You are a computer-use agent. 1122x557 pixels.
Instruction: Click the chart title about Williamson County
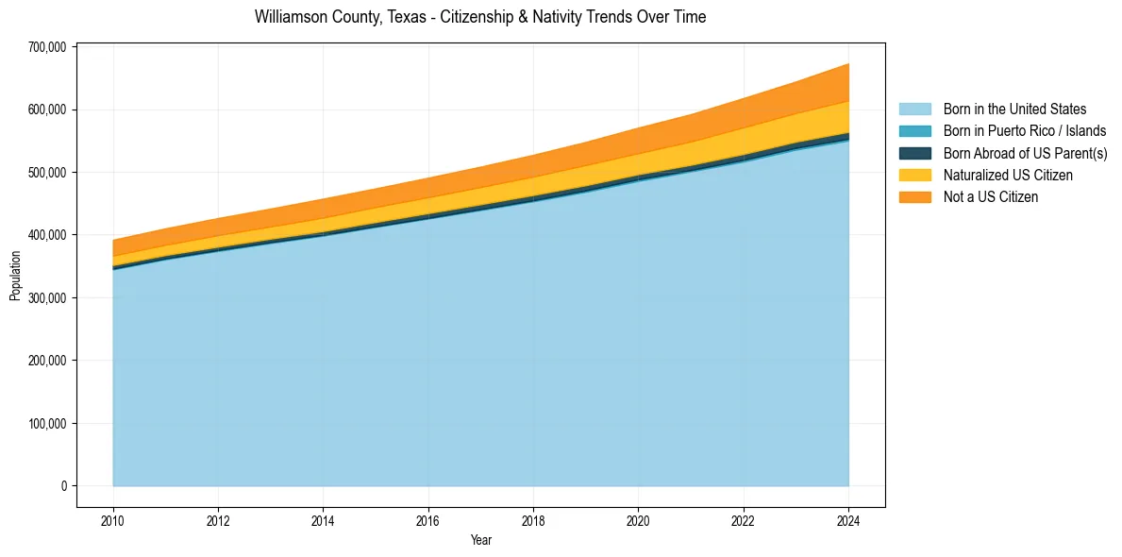pyautogui.click(x=479, y=17)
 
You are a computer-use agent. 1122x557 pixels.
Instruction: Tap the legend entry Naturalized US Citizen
pyautogui.click(x=1008, y=175)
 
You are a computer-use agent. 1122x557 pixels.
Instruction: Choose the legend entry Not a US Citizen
pyautogui.click(x=990, y=197)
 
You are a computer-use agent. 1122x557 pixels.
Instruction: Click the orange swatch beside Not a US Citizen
pyautogui.click(x=914, y=197)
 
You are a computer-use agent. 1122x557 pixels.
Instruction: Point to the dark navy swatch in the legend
pyautogui.click(x=914, y=153)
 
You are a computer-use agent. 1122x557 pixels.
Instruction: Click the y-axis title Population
pyautogui.click(x=15, y=276)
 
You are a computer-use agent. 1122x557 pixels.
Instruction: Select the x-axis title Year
pyautogui.click(x=480, y=540)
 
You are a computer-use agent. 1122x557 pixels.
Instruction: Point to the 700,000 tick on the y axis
pyautogui.click(x=45, y=47)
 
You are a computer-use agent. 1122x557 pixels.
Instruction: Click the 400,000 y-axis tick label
pyautogui.click(x=45, y=235)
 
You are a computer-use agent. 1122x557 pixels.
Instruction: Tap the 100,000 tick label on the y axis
pyautogui.click(x=45, y=423)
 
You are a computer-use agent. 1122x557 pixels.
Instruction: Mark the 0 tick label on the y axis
pyautogui.click(x=64, y=486)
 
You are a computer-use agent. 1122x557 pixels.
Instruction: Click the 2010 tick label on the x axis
pyautogui.click(x=113, y=519)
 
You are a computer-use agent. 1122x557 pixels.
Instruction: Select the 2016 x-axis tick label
pyautogui.click(x=428, y=519)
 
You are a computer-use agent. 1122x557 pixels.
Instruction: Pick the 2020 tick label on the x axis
pyautogui.click(x=638, y=519)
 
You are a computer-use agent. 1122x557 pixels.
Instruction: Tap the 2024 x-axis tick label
pyautogui.click(x=848, y=519)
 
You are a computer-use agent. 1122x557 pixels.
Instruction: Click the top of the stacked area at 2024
pyautogui.click(x=847, y=64)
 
